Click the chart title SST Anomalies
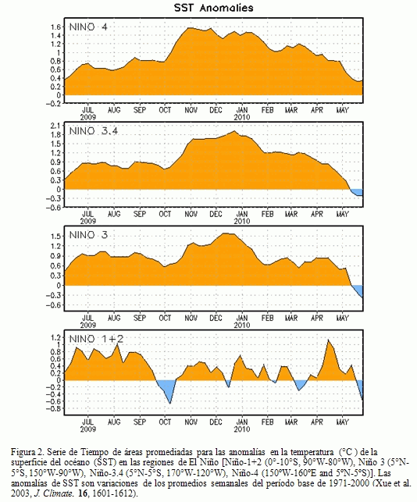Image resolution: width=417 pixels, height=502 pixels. [214, 8]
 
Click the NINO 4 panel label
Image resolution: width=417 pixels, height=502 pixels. [88, 27]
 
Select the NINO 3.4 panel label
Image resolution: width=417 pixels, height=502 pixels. [94, 131]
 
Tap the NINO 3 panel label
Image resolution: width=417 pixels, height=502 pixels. [88, 235]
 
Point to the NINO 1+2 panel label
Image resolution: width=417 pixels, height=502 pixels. [96, 339]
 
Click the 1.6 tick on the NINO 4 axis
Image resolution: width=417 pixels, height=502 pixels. [55, 27]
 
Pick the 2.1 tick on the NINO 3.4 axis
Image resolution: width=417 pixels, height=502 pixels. [55, 126]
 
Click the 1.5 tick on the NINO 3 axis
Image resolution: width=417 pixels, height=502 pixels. [55, 237]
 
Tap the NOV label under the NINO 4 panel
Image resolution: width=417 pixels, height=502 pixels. [191, 110]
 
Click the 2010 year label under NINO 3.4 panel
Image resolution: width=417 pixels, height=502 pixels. [242, 221]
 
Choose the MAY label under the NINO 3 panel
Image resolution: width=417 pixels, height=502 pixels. [342, 319]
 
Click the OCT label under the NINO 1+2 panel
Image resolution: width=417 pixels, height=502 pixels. [165, 422]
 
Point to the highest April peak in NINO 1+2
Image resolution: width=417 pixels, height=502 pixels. [328, 340]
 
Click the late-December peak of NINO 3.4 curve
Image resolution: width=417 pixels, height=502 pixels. [234, 131]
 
